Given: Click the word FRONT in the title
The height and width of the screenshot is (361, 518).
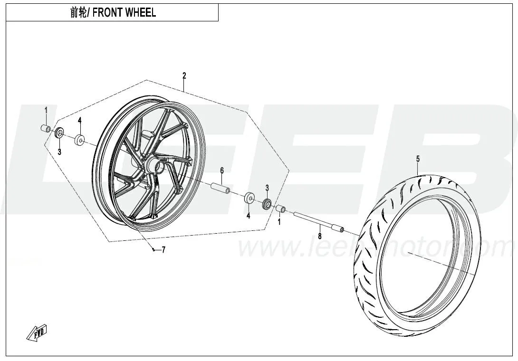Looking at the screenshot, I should point(107,13).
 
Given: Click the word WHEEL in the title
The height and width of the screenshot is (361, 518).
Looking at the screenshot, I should point(141,13).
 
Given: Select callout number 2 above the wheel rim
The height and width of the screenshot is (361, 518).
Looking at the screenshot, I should point(184,76).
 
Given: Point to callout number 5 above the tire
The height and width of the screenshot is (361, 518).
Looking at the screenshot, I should point(418,159).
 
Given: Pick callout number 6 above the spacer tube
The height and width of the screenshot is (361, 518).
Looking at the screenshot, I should point(221,170).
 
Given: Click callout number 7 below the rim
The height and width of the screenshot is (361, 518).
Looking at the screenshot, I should point(163,250).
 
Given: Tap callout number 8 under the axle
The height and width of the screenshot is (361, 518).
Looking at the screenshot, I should point(320,235).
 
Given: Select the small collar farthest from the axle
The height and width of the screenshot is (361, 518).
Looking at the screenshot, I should point(46,129).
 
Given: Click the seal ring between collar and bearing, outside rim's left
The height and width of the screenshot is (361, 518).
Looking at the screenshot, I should point(60,133).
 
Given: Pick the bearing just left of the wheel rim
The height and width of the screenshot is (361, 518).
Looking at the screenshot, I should point(79,140).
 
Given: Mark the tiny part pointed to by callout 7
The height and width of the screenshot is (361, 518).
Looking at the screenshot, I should point(153,249).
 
